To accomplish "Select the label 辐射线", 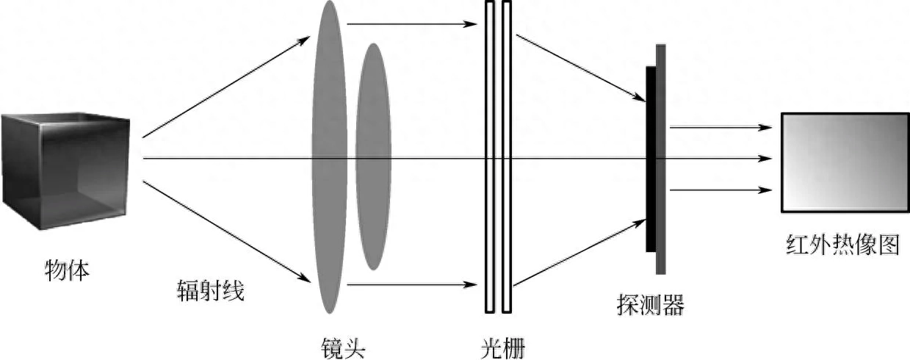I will (210, 291).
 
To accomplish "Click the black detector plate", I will (651, 159).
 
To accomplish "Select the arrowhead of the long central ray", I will (766, 158).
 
